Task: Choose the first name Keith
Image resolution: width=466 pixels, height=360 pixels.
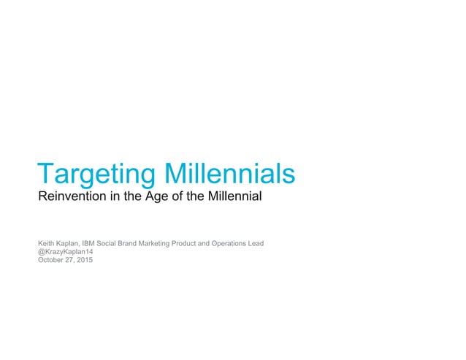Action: [46, 242]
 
